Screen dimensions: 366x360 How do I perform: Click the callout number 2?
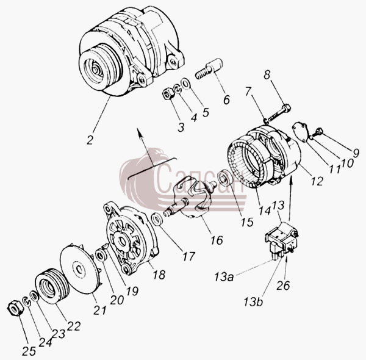point(90,139)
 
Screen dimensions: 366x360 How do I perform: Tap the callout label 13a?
point(224,277)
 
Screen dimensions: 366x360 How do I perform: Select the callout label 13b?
point(253,301)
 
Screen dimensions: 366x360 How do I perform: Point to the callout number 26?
point(283,286)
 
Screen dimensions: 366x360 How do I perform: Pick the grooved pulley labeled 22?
point(52,286)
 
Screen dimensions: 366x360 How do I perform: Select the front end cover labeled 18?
point(132,238)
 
